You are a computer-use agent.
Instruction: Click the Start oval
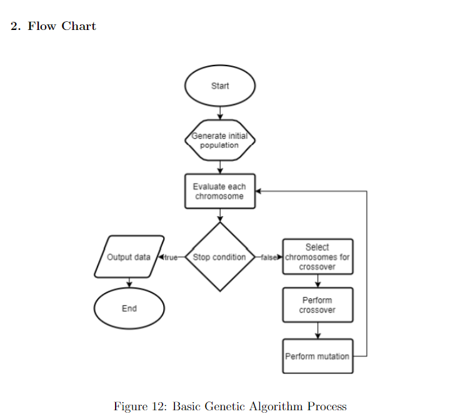click(220, 86)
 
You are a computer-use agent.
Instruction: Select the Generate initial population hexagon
click(220, 140)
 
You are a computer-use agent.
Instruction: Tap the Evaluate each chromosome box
click(220, 191)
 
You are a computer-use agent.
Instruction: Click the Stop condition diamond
click(220, 257)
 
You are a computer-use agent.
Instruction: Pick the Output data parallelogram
click(129, 257)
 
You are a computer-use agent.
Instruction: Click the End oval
click(129, 308)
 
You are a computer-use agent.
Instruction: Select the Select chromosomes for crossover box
click(317, 257)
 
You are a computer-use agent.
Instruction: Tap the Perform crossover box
click(317, 305)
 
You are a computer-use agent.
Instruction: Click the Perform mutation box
click(317, 356)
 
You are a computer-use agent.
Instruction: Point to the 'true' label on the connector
click(171, 257)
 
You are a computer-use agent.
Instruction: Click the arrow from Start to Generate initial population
click(220, 112)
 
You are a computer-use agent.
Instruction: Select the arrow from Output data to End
click(129, 283)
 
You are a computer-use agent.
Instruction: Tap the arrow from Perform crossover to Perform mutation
click(317, 330)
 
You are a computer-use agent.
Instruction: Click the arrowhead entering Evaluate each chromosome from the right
click(259, 191)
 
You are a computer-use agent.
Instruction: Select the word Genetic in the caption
click(221, 407)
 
